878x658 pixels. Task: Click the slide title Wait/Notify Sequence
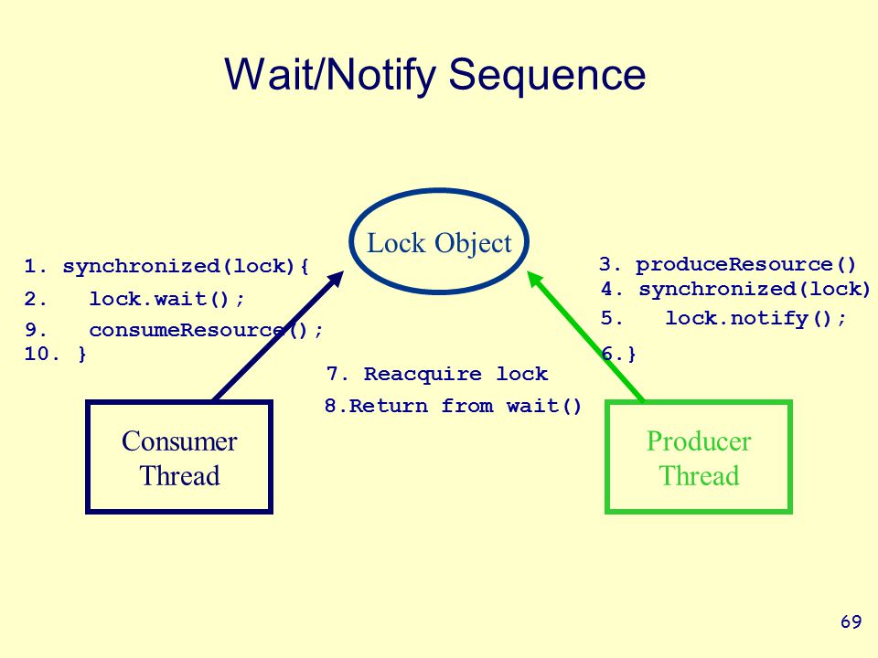click(x=435, y=74)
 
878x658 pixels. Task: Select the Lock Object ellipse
click(x=439, y=192)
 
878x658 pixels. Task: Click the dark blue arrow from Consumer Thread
click(x=278, y=335)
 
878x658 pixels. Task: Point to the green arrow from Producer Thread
click(x=586, y=336)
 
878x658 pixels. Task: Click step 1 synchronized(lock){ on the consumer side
click(x=166, y=266)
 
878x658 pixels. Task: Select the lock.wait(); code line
click(x=166, y=299)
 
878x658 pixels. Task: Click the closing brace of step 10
click(x=82, y=354)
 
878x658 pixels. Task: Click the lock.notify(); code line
click(x=755, y=318)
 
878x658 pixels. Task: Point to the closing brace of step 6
click(x=632, y=354)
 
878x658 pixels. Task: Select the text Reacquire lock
click(x=455, y=374)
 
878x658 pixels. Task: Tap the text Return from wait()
click(x=466, y=406)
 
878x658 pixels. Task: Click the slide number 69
click(x=851, y=621)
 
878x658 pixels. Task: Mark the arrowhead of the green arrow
click(x=536, y=280)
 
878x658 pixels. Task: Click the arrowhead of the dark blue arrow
click(x=336, y=280)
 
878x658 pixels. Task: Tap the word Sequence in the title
click(x=547, y=74)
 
